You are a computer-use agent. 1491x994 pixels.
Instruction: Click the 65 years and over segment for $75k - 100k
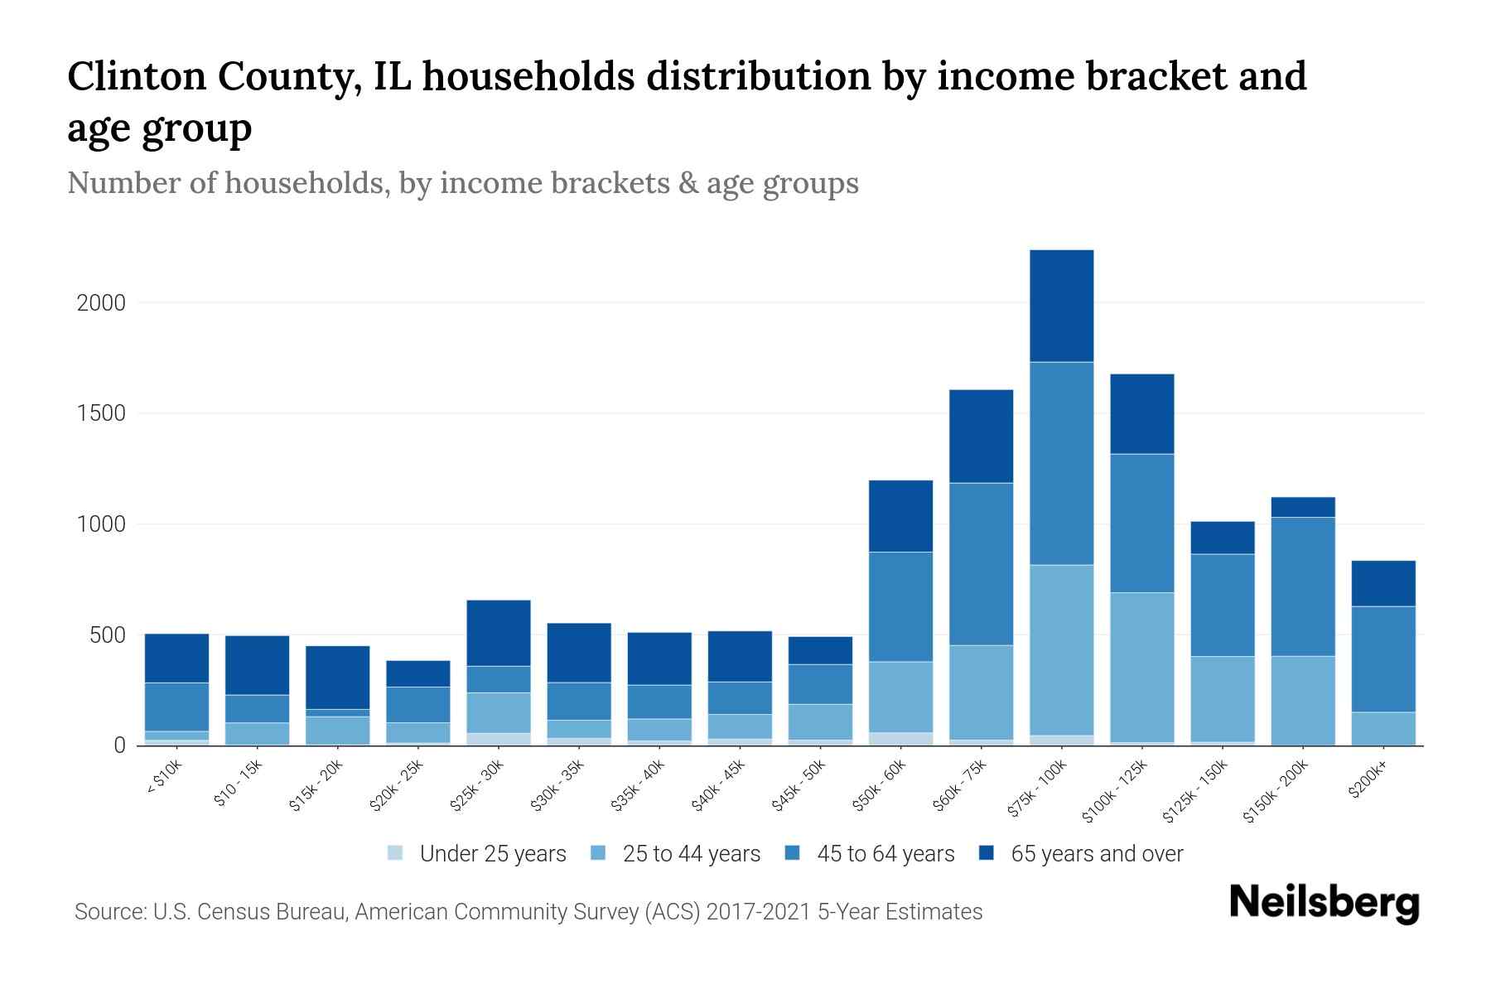coord(1061,306)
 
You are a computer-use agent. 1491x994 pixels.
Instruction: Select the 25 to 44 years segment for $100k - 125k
coord(1141,667)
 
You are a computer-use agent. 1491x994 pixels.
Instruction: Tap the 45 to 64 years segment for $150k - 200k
coord(1303,586)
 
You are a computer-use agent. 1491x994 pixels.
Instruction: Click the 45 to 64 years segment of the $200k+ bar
coord(1383,659)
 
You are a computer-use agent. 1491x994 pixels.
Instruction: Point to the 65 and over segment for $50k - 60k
coord(900,515)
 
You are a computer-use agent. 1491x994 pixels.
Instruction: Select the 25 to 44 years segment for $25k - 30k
coord(498,712)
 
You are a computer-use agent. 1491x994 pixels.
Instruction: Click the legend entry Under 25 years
coord(492,854)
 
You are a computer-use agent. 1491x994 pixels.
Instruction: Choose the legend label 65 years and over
coord(1097,854)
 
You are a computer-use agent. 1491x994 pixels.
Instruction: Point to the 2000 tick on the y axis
coord(101,303)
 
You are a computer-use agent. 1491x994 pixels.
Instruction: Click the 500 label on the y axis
coord(108,636)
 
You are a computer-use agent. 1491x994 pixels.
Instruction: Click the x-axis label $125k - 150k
coord(1194,792)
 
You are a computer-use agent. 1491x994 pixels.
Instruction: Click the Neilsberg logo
coord(1324,902)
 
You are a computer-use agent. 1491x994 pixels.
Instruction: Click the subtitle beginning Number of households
coord(462,183)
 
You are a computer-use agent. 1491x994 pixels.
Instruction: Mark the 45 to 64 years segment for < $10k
coord(176,707)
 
